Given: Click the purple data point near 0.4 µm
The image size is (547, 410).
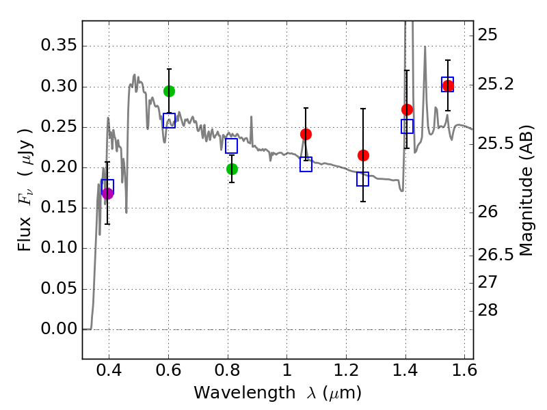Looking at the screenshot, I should coord(107,193).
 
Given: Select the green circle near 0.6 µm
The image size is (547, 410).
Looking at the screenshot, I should coord(169,91).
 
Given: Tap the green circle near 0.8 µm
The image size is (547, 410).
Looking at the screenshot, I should coord(232,169).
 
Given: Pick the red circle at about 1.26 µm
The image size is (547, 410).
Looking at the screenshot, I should coord(363,155).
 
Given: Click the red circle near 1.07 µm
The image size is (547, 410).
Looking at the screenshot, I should coord(306,134).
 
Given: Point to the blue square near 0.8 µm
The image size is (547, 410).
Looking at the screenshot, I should coord(232,146).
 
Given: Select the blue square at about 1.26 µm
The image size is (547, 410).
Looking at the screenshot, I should coord(363,179).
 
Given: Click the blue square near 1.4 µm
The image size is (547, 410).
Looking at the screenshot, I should coord(407,126).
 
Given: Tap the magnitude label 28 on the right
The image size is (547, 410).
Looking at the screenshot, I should coord(489,311).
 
